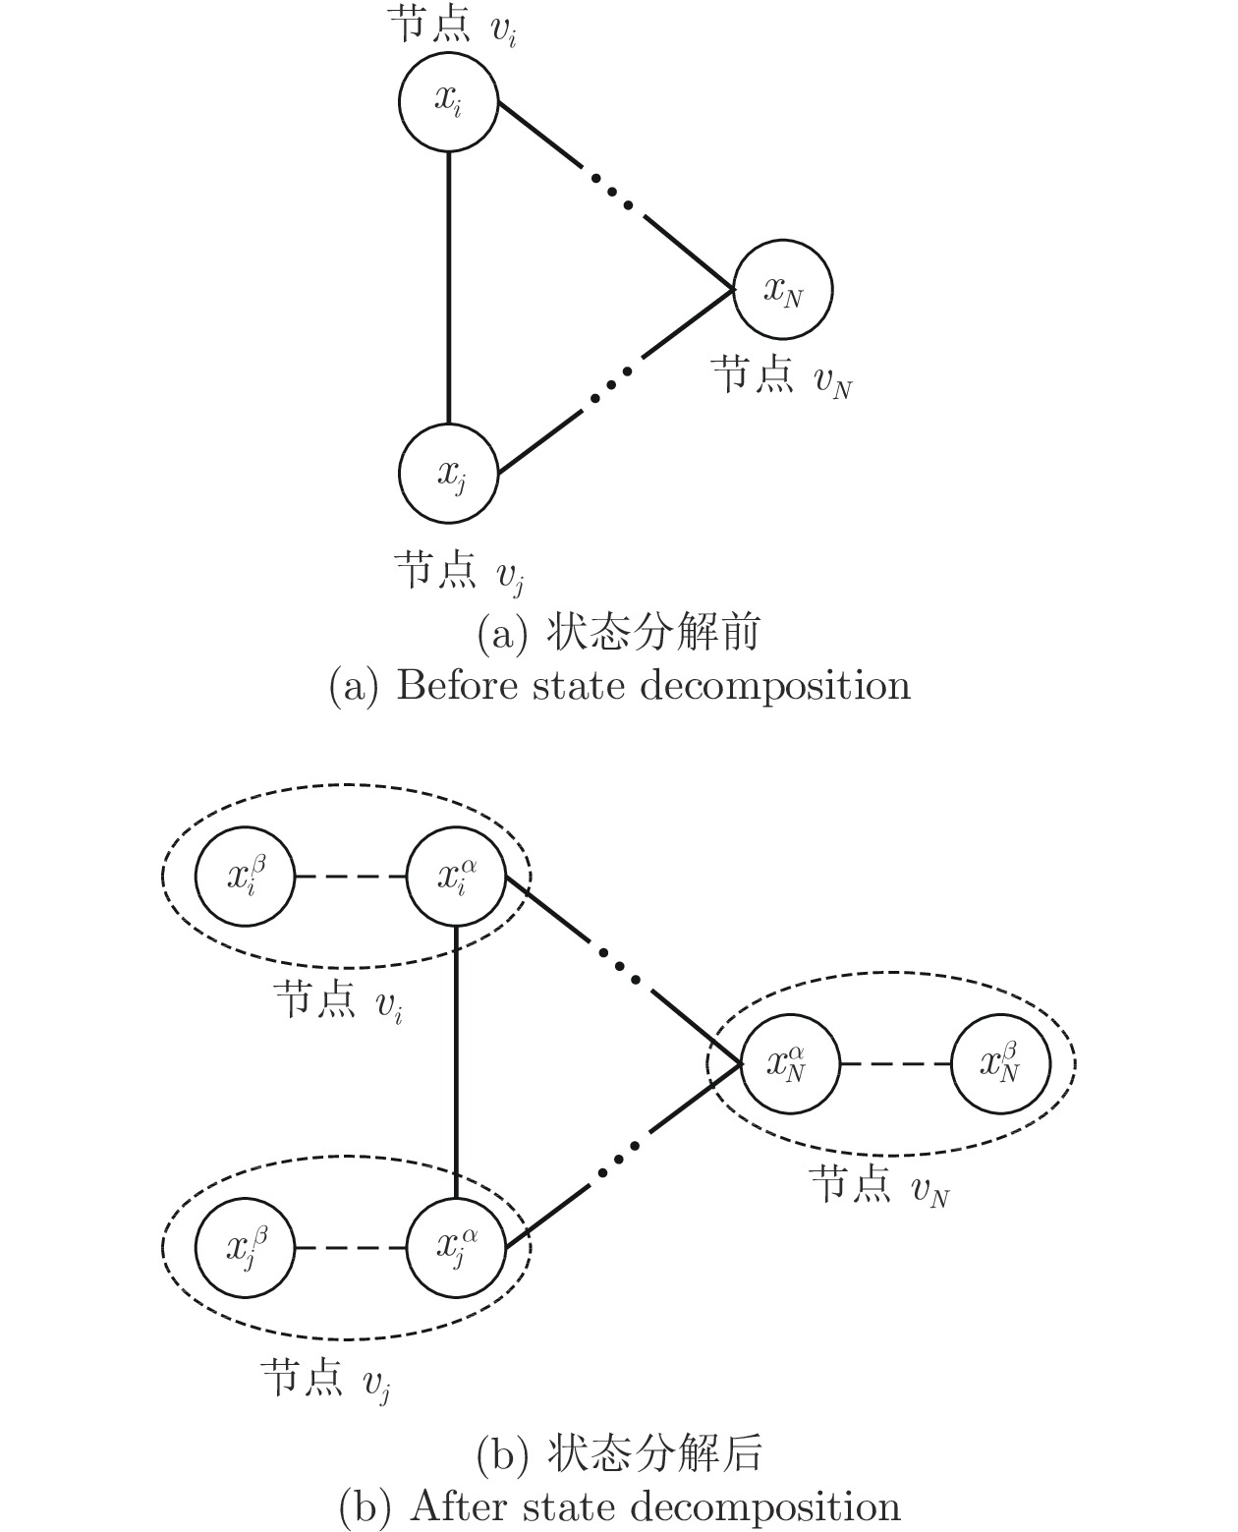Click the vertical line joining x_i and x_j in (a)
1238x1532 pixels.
pyautogui.click(x=449, y=288)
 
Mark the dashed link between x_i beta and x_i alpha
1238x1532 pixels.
pyautogui.click(x=351, y=876)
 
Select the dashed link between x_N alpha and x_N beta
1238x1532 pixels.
pyautogui.click(x=896, y=1063)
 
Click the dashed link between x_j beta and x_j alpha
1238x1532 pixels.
pyautogui.click(x=351, y=1247)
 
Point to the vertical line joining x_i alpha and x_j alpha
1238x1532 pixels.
pyautogui.click(x=457, y=1061)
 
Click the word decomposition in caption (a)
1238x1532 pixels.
pyautogui.click(x=775, y=687)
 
